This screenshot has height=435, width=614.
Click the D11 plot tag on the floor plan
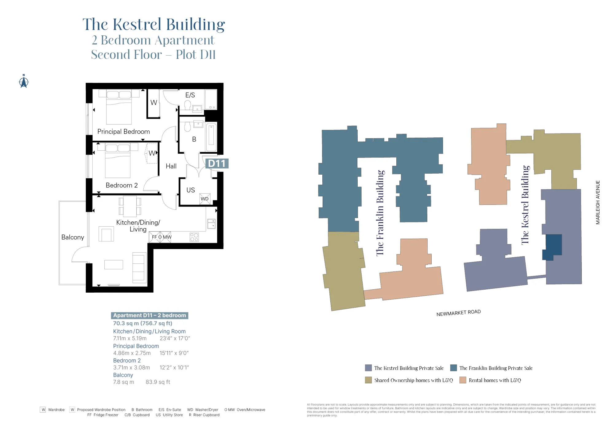217,164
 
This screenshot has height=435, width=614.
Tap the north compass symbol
24,81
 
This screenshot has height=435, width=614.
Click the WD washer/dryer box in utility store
205,199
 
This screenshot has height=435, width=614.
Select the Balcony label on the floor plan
72,237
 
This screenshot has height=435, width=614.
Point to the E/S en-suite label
190,95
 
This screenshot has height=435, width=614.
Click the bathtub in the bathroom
211,137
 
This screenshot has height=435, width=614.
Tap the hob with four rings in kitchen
194,237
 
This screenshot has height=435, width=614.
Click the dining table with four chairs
130,206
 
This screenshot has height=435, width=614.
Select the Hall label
171,166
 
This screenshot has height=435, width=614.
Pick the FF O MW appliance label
161,237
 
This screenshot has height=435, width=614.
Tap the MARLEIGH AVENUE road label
598,202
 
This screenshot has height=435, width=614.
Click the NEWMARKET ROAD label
458,313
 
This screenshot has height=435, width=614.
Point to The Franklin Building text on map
380,213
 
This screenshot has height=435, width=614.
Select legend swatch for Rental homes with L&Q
463,380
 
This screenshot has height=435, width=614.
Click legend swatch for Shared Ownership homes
368,380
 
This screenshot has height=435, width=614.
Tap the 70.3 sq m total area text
142,323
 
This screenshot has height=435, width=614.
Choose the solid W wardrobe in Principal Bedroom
153,103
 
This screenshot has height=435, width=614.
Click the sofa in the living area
139,267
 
